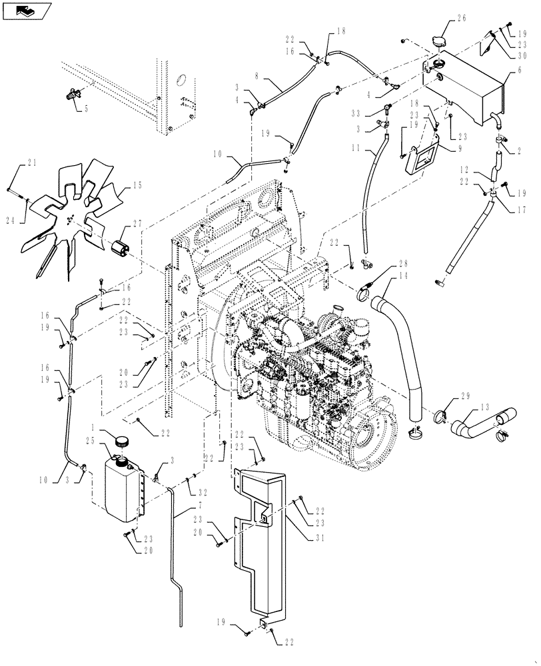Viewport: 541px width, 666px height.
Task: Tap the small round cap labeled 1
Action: click(122, 440)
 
